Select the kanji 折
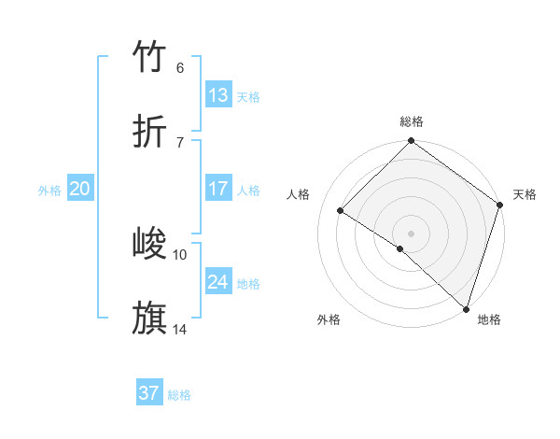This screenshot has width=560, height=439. [150, 132]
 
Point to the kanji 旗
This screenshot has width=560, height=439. [150, 318]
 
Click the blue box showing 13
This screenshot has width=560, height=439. [218, 95]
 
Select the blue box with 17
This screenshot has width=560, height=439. [218, 189]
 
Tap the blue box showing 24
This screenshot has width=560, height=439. [218, 282]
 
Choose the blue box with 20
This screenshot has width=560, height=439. [80, 189]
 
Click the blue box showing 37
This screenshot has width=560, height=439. [149, 393]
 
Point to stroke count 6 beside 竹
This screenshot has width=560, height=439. [180, 68]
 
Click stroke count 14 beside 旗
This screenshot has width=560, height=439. [180, 329]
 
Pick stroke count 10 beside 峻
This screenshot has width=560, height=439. [180, 254]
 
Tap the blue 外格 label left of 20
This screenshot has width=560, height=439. [49, 191]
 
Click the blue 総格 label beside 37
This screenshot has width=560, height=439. [179, 395]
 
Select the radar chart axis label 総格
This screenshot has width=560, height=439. [412, 121]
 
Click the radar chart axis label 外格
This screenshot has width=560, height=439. [329, 319]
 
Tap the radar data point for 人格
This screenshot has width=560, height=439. [341, 211]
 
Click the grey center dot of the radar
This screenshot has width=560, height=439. [411, 233]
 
